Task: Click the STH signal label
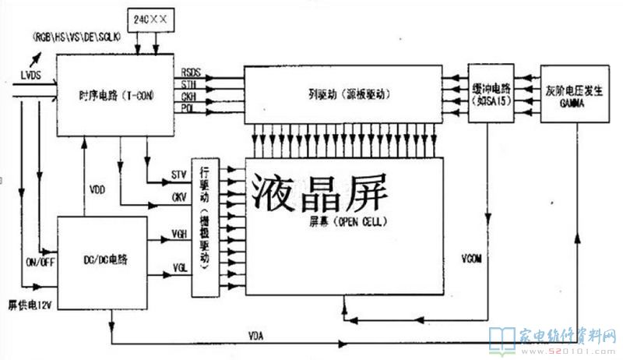pos(188,83)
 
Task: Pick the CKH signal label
pos(188,96)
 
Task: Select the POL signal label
pos(188,108)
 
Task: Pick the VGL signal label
pos(178,269)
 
